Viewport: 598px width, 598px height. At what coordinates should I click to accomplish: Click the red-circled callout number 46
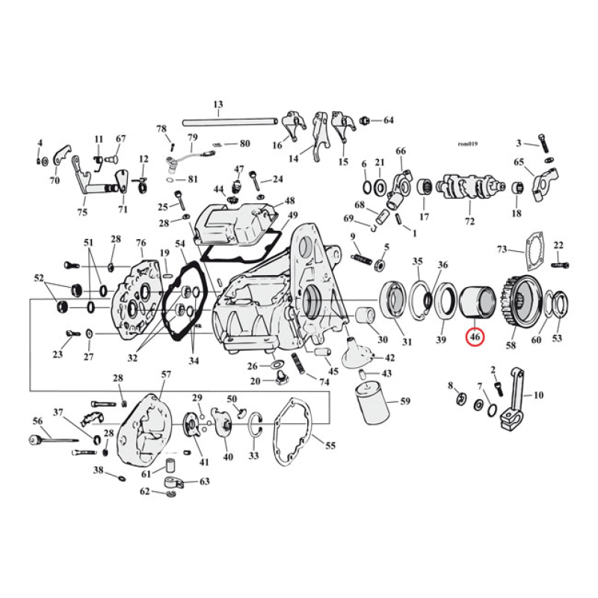point(474,339)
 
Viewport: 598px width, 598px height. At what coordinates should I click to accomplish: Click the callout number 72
point(469,223)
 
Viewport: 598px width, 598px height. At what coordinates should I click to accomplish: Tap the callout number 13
point(218,104)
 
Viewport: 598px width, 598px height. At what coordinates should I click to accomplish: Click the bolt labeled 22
point(561,265)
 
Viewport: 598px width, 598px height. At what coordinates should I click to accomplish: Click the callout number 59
point(404,401)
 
